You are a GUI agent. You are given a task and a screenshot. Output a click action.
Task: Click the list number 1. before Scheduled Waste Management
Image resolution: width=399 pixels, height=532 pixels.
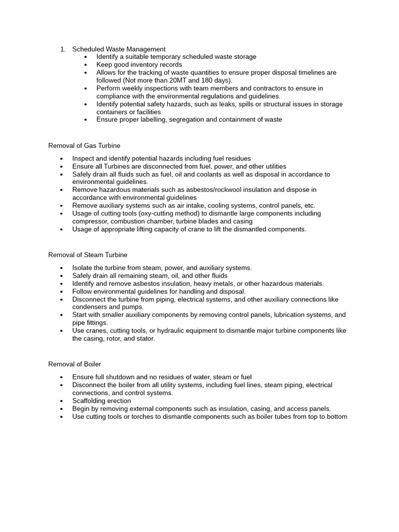pyautogui.click(x=62, y=49)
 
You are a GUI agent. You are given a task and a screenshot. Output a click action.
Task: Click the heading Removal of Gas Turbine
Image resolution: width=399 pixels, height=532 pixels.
pyautogui.click(x=84, y=145)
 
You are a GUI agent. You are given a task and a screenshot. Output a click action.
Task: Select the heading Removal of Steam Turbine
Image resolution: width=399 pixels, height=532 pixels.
pyautogui.click(x=87, y=255)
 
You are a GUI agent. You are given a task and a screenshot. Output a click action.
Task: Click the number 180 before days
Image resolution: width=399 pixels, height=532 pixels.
pyautogui.click(x=207, y=81)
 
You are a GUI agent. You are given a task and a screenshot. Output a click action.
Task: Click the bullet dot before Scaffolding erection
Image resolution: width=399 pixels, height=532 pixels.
pyautogui.click(x=62, y=401)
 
